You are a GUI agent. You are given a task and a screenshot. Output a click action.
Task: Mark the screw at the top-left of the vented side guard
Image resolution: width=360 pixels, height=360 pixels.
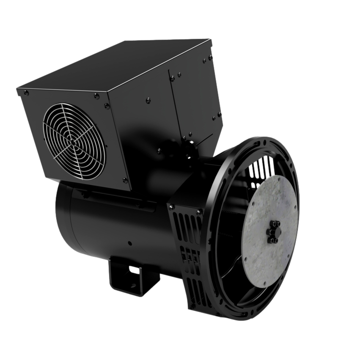pyautogui.click(x=172, y=206)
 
